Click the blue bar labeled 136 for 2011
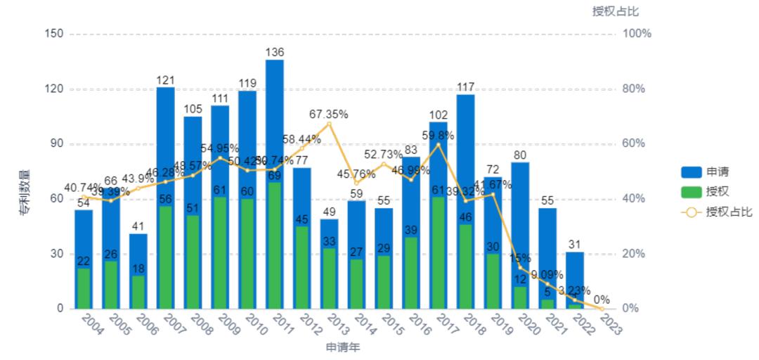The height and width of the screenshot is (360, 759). (x=275, y=120)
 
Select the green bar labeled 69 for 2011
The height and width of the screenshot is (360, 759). (x=275, y=246)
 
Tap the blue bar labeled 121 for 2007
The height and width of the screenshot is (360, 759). (x=165, y=141)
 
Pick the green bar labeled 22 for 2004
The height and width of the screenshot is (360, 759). (x=84, y=289)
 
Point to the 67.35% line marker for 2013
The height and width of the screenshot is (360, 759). (x=329, y=124)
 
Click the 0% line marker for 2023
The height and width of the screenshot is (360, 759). (x=602, y=309)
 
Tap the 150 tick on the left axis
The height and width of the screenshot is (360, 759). (x=53, y=34)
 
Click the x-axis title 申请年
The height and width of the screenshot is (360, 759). (x=342, y=347)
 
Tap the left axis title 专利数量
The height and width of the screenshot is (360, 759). (x=24, y=191)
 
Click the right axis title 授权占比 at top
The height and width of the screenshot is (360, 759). (x=616, y=11)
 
